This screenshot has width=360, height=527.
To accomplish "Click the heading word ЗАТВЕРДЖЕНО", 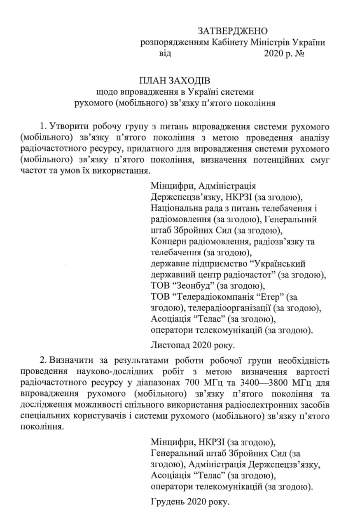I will click(233, 31).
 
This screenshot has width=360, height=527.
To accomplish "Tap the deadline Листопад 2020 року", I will click(192, 344).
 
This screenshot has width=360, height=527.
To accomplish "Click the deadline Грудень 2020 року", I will click(189, 502).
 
